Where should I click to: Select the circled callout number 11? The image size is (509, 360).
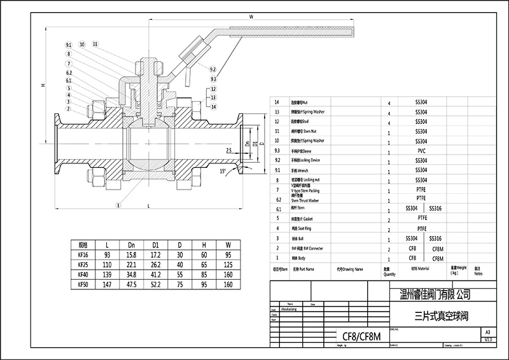coord(95,44)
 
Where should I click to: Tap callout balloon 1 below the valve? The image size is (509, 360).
coord(118,205)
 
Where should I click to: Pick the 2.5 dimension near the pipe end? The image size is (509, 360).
coord(228,149)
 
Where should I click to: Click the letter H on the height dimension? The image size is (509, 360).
coord(41,85)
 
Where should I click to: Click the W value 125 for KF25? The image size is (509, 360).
coord(227,263)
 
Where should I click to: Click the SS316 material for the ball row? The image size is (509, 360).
coord(435,238)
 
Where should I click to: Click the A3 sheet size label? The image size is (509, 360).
coord(487,332)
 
